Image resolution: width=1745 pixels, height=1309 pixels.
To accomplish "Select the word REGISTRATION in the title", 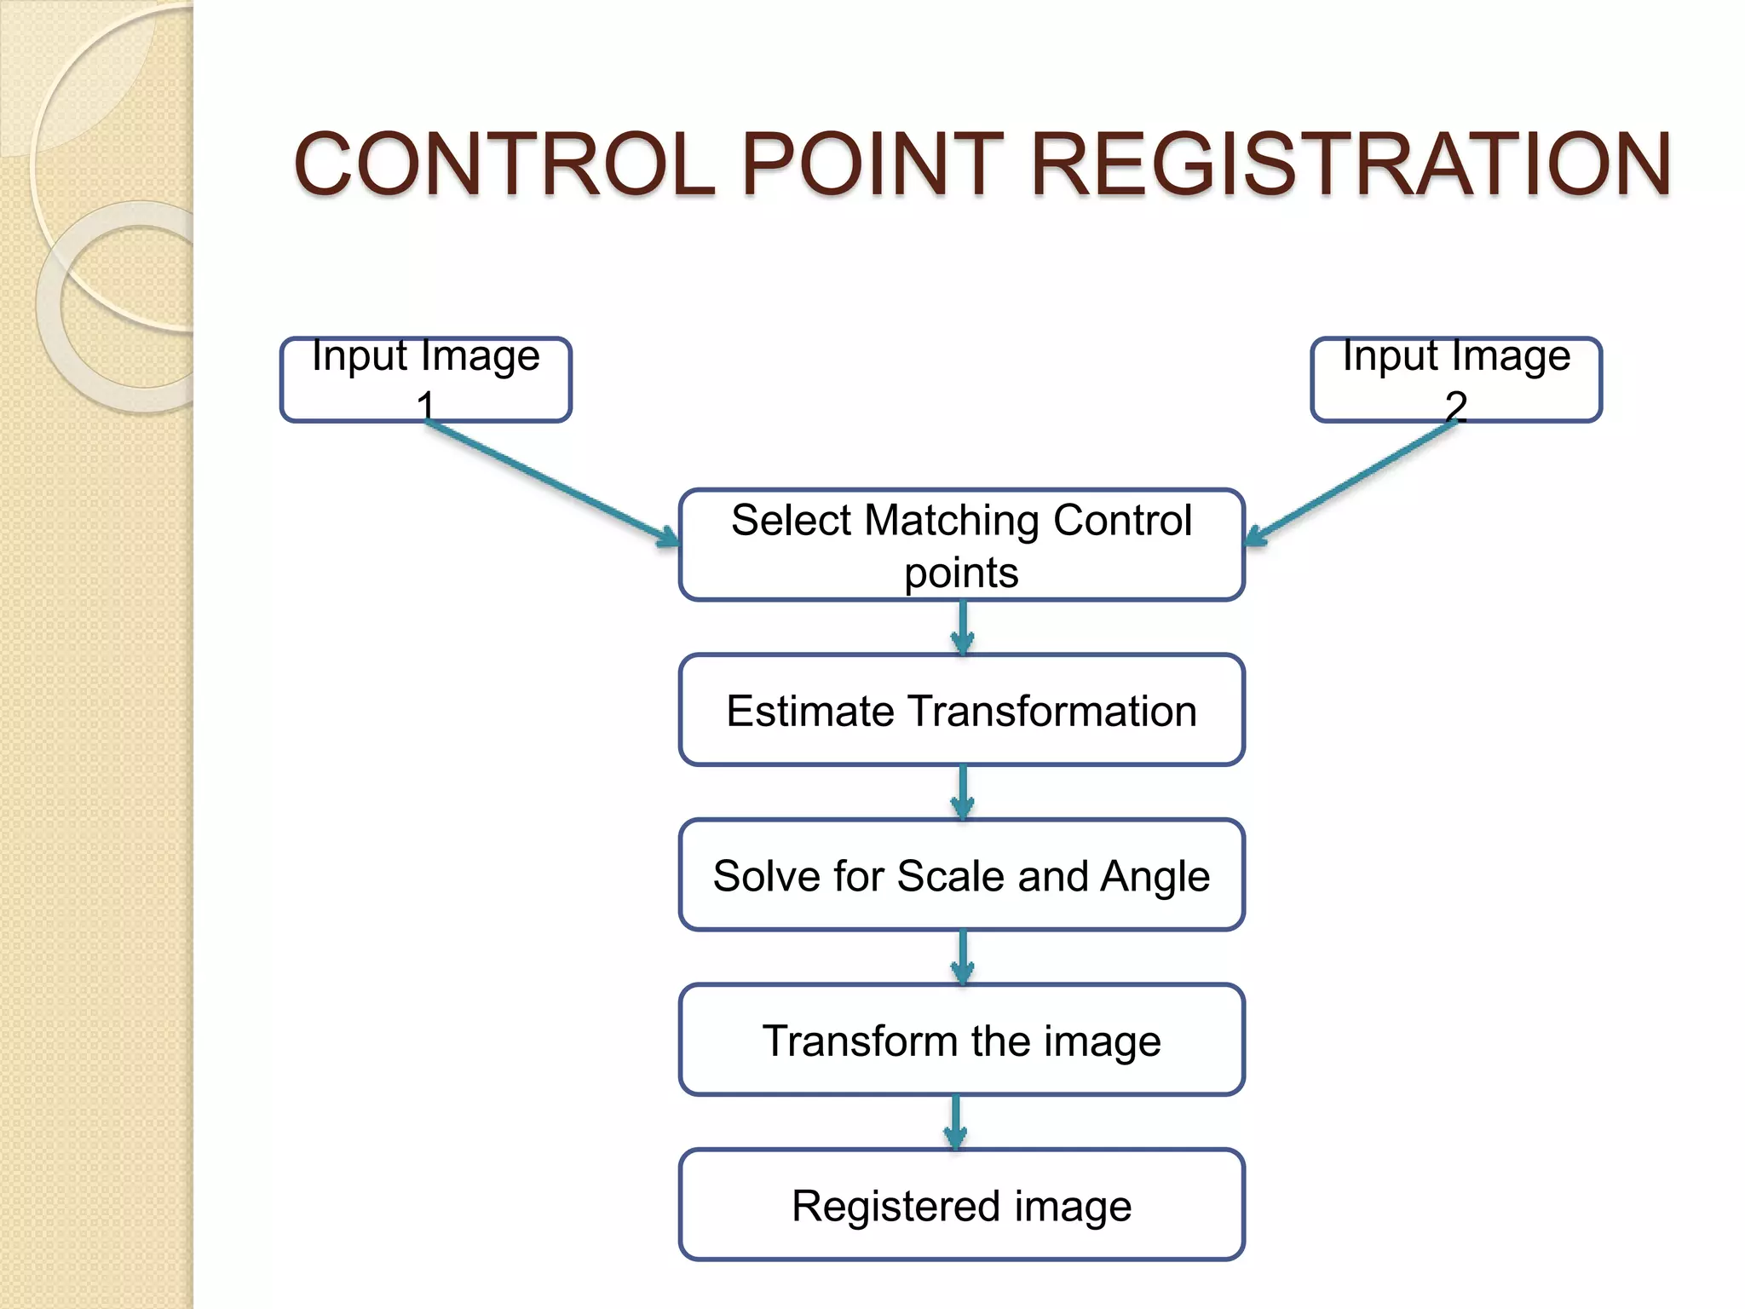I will click(x=1351, y=164).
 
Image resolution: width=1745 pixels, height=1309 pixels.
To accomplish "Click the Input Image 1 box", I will click(x=425, y=379).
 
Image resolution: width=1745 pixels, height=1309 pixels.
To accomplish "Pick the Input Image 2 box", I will click(x=1455, y=379).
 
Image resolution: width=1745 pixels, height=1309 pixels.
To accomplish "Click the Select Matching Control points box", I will click(x=961, y=545).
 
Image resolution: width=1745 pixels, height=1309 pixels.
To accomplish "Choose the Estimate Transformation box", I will click(x=961, y=710).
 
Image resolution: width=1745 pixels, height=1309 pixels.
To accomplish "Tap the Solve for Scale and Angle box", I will click(x=961, y=875).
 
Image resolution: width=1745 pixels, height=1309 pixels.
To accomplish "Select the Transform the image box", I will click(x=961, y=1040).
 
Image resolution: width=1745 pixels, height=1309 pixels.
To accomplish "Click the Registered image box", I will click(x=961, y=1205).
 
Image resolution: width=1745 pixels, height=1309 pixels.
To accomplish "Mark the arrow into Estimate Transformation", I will click(x=963, y=628).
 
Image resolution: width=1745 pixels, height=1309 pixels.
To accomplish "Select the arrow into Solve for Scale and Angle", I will click(x=963, y=793).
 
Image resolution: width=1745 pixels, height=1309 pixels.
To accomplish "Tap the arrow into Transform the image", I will click(x=963, y=958).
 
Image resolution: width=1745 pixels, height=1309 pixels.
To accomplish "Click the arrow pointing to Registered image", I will click(x=956, y=1122).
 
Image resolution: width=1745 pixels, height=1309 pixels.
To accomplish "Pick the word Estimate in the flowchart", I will click(x=810, y=711).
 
